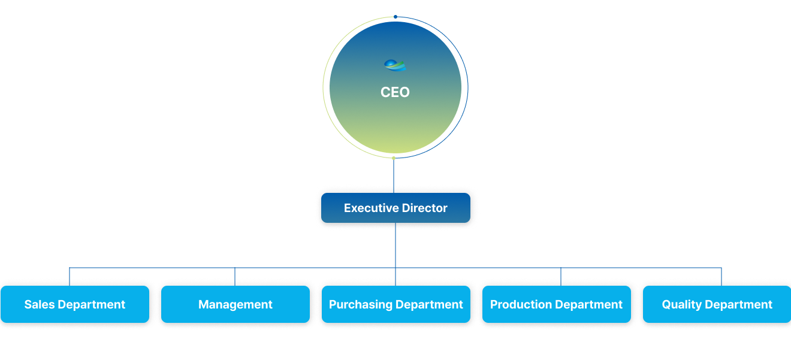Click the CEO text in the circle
pyautogui.click(x=395, y=92)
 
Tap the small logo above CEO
pyautogui.click(x=395, y=65)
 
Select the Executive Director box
pyautogui.click(x=395, y=208)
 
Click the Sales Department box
pyautogui.click(x=75, y=304)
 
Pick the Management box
pyautogui.click(x=236, y=304)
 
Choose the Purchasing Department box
pyautogui.click(x=396, y=304)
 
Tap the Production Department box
pyautogui.click(x=557, y=304)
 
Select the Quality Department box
pyautogui.click(x=717, y=304)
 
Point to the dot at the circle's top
pyautogui.click(x=395, y=17)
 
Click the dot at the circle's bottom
pyautogui.click(x=394, y=158)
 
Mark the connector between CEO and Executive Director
pyautogui.click(x=394, y=176)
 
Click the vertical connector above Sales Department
pyautogui.click(x=70, y=277)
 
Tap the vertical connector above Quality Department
pyautogui.click(x=721, y=277)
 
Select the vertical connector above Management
pyautogui.click(x=235, y=277)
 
